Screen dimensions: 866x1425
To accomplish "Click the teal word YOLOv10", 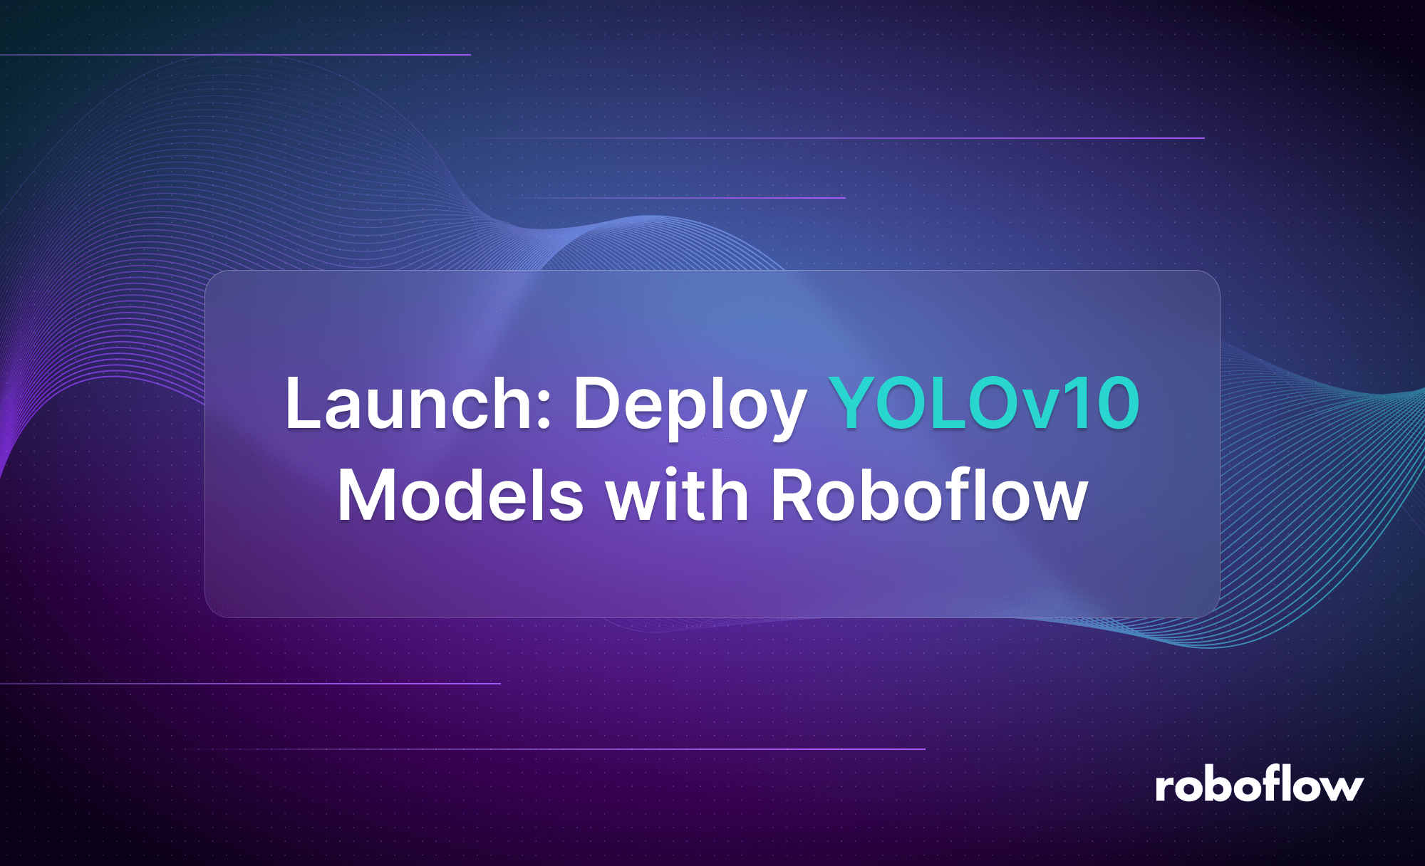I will [x=985, y=403].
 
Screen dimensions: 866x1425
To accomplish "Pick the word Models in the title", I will [x=460, y=496].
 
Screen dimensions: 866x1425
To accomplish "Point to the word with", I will [x=677, y=496].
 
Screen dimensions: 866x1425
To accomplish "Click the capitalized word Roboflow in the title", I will [x=929, y=496].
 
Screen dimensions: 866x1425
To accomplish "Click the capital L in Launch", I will [x=300, y=403].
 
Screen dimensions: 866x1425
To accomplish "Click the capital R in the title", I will [x=794, y=496].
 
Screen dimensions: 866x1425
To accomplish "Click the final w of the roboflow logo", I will [x=1339, y=789].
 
